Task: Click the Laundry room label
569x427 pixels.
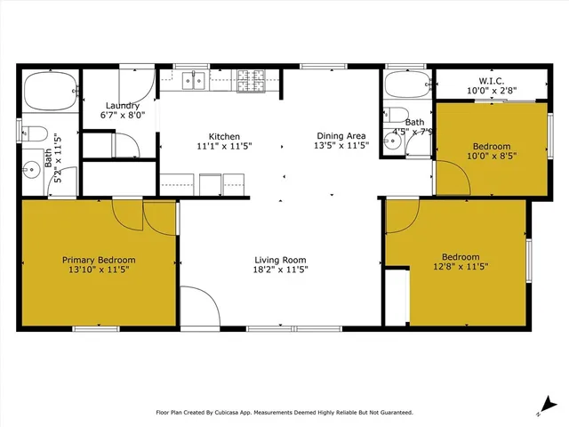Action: click(122, 105)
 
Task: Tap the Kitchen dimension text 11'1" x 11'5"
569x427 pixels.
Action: click(224, 145)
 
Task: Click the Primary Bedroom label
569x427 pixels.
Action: click(99, 260)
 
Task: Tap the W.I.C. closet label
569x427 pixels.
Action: click(492, 80)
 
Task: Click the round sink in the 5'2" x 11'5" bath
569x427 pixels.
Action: click(33, 167)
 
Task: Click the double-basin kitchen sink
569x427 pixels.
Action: click(192, 81)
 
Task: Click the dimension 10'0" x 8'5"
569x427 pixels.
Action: click(492, 156)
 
